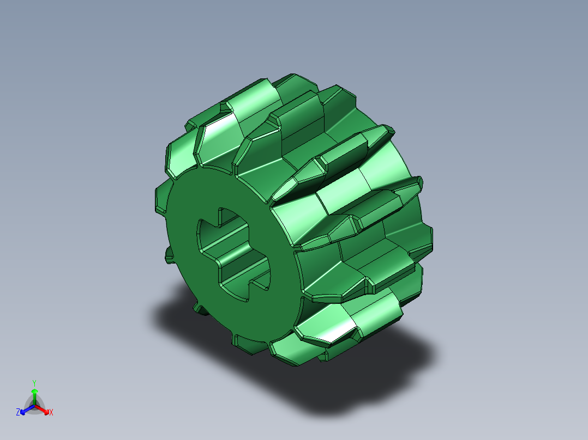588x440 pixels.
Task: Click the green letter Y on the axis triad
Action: pos(34,382)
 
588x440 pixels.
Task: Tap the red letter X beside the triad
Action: pos(51,413)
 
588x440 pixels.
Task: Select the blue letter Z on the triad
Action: pos(18,413)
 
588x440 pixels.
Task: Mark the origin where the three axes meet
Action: pos(34,405)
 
